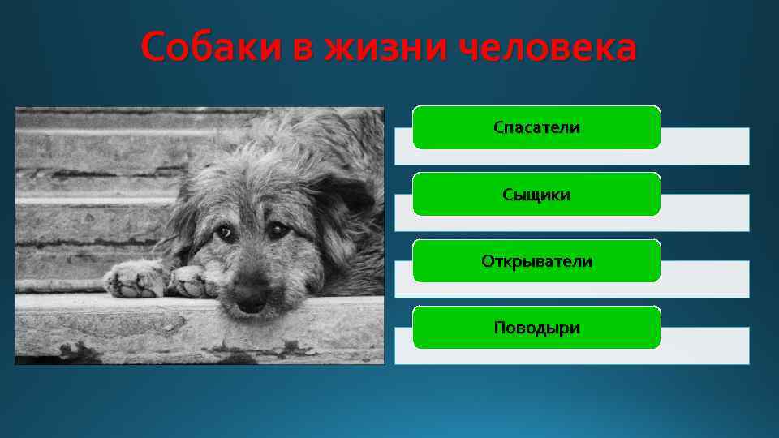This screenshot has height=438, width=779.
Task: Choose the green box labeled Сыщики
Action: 536,195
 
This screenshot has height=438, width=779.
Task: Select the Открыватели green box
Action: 536,261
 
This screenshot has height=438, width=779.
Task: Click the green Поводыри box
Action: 536,328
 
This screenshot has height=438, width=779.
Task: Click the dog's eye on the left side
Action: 225,234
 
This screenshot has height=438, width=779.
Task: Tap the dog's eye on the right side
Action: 278,231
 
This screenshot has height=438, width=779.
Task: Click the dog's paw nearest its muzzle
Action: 193,281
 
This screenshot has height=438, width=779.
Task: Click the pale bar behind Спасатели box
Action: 706,147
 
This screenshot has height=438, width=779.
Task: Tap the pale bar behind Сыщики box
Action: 706,213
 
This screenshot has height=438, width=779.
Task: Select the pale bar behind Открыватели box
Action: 706,280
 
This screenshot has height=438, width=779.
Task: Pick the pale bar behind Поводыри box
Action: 706,346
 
